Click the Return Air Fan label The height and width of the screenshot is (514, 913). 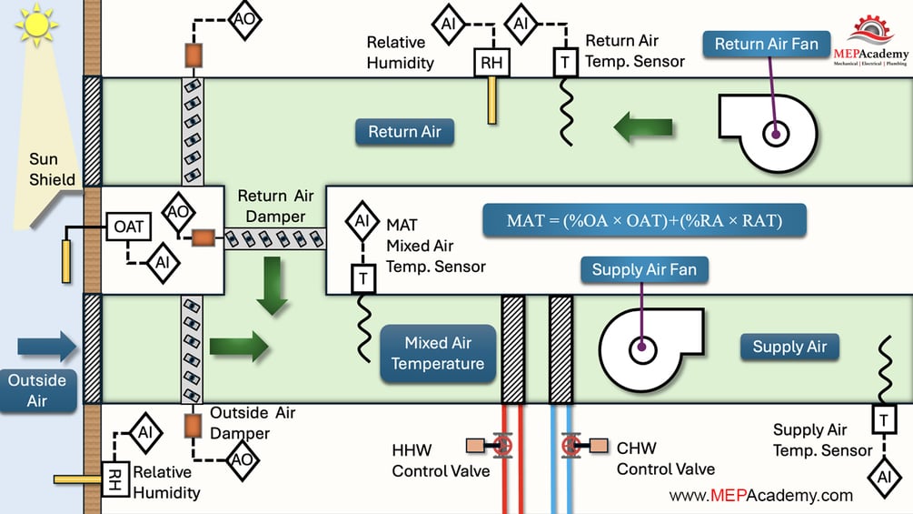[766, 44]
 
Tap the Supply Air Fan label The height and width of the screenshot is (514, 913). [644, 269]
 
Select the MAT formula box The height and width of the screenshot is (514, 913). [644, 220]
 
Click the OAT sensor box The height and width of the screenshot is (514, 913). [129, 226]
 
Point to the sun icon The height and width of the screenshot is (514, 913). [35, 25]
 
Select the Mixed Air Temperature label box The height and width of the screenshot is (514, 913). [438, 353]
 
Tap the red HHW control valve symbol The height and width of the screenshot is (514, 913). [501, 446]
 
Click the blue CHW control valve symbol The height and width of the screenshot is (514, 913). [571, 446]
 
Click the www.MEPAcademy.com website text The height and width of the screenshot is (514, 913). [760, 496]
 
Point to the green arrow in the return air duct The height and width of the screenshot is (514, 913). [643, 127]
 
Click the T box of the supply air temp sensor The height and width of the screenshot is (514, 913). [883, 419]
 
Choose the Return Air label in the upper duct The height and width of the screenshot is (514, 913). [404, 132]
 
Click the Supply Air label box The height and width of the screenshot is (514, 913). [789, 347]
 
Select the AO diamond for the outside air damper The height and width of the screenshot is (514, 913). [242, 459]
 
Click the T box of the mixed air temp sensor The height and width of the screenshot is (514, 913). [363, 279]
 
